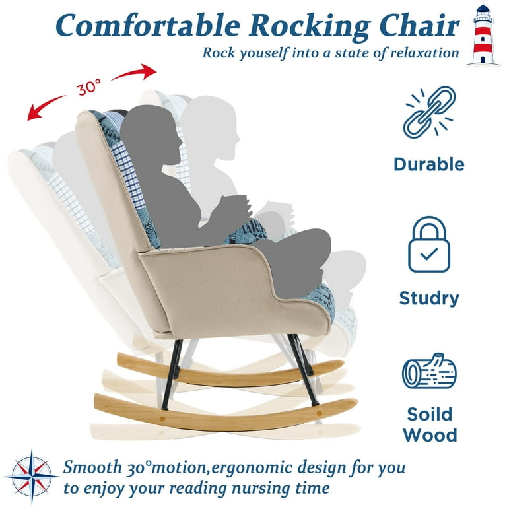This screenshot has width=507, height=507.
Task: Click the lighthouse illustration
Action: point(483,35)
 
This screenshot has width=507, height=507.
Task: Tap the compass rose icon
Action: point(32,477)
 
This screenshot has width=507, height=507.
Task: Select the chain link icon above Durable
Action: point(429,112)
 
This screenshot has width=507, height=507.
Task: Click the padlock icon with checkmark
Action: point(429,244)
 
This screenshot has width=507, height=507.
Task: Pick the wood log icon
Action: point(429,371)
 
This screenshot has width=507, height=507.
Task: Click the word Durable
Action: point(429,164)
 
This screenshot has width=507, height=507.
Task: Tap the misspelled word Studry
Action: point(429,298)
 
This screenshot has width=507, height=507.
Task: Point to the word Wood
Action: point(430,435)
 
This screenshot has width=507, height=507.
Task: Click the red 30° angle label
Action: point(88,86)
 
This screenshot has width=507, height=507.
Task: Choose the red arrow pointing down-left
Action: point(46,107)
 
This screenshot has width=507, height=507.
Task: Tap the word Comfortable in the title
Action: point(148,25)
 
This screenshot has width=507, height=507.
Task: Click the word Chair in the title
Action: point(419,25)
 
